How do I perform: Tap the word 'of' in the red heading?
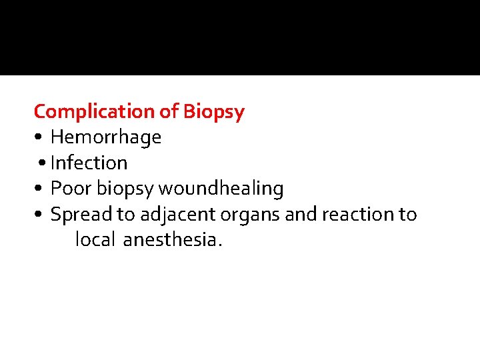(170, 111)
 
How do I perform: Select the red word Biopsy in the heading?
(214, 111)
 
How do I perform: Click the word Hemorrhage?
(106, 137)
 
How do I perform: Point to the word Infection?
(89, 163)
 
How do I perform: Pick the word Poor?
(71, 189)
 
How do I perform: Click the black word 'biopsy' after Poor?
(125, 189)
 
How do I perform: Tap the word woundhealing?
(221, 189)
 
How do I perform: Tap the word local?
(96, 240)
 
